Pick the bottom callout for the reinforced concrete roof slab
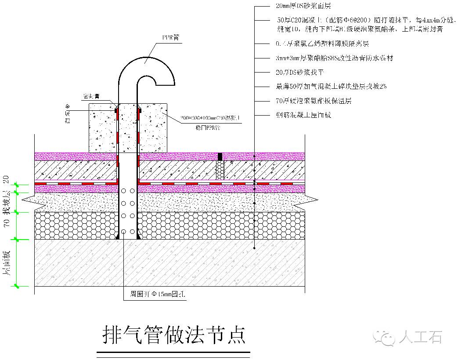point(303,115)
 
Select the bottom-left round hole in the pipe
point(124,231)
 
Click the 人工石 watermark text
point(420,338)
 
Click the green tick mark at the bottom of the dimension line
point(16,286)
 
